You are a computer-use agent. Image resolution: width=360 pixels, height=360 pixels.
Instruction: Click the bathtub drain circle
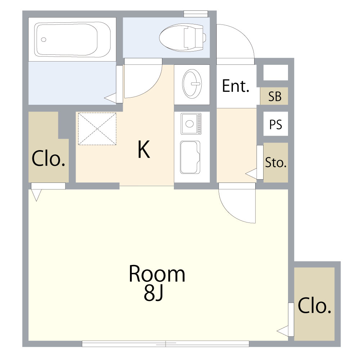click(44, 40)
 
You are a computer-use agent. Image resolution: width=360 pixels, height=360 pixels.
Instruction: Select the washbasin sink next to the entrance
click(192, 84)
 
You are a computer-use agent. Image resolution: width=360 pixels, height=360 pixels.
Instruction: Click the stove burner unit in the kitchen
click(191, 124)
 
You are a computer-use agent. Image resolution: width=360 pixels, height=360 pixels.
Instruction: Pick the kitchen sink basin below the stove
click(190, 158)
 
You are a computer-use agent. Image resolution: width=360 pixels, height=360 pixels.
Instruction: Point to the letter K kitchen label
click(144, 149)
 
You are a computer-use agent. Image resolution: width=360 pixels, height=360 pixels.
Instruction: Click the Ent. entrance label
click(235, 86)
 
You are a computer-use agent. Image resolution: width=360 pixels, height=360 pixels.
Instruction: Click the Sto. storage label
click(276, 163)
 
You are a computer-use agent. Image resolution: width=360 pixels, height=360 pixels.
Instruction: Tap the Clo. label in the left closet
click(49, 158)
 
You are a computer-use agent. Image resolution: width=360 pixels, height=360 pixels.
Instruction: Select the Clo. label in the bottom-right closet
click(314, 306)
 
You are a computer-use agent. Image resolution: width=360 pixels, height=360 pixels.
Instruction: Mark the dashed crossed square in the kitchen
click(97, 129)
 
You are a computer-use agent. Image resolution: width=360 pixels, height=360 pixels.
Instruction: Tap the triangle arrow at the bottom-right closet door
click(283, 331)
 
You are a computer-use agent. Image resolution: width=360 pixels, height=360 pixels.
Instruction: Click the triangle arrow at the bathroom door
click(110, 98)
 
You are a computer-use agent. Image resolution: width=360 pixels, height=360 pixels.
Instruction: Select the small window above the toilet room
click(196, 14)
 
